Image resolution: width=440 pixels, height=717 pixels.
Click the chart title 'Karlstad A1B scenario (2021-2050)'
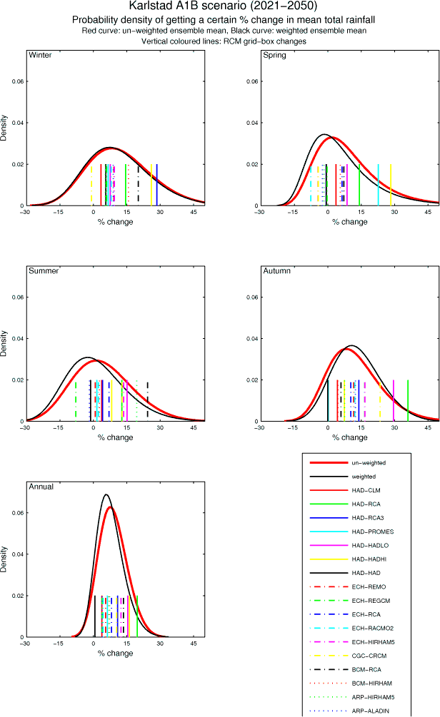(x=219, y=6)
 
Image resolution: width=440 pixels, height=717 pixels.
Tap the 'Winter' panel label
(x=40, y=55)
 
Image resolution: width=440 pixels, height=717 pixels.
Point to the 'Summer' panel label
(x=43, y=270)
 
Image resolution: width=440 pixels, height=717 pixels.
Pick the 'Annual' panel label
(x=40, y=487)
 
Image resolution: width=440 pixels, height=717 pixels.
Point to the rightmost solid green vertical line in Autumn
(x=408, y=400)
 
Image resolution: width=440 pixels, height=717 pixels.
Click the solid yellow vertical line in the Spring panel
(x=391, y=184)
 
